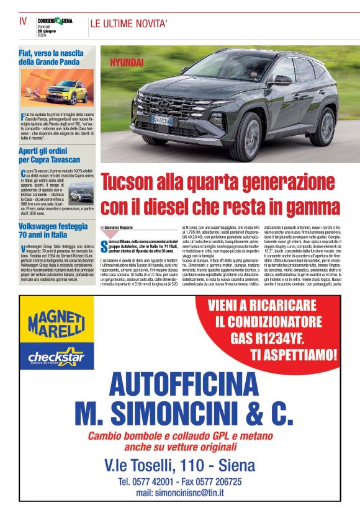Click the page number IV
click(x=23, y=21)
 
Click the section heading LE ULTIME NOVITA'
click(x=129, y=24)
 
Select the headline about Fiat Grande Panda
click(x=48, y=57)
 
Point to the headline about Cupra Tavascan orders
click(x=49, y=154)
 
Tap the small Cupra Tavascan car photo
click(x=81, y=195)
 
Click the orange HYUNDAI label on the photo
click(x=127, y=63)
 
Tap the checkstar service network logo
click(x=56, y=357)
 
